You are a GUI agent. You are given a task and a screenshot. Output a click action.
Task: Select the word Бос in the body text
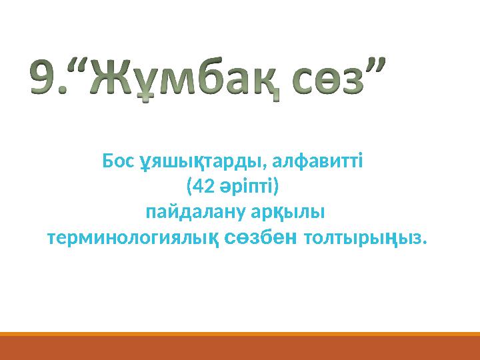point(119,161)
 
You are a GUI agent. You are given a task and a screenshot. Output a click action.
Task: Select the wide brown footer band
point(240,348)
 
